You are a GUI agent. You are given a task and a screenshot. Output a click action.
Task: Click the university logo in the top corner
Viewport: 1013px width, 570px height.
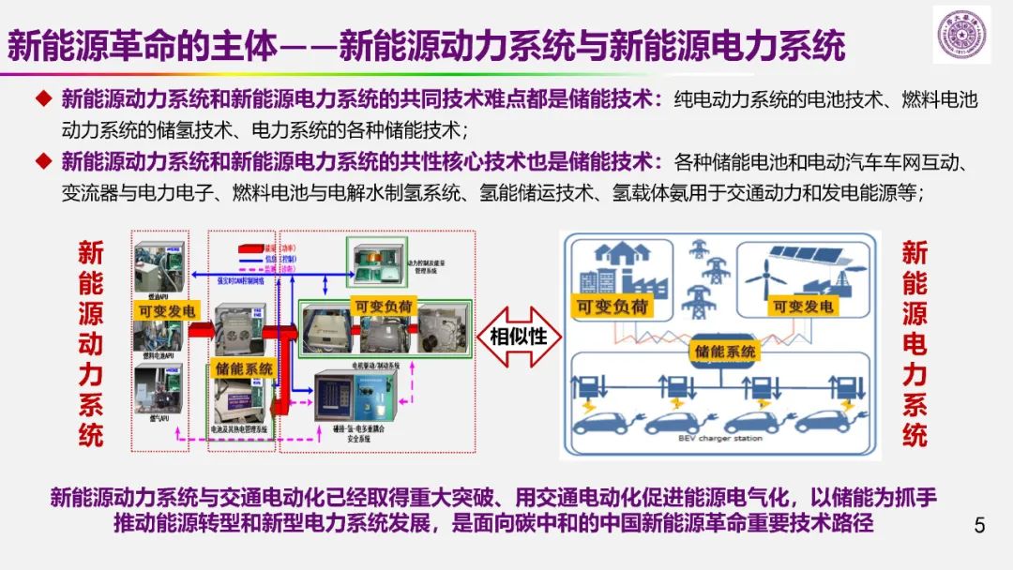point(961,36)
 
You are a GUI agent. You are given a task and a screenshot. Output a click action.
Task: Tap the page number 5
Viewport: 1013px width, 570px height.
point(980,525)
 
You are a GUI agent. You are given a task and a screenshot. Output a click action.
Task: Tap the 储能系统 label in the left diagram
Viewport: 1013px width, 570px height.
point(244,368)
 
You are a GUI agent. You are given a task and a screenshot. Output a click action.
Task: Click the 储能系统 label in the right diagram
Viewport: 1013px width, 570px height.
point(725,352)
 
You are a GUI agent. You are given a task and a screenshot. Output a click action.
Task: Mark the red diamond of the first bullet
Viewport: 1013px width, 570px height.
point(42,98)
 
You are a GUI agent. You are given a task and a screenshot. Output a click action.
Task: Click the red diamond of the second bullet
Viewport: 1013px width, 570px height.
point(42,161)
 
